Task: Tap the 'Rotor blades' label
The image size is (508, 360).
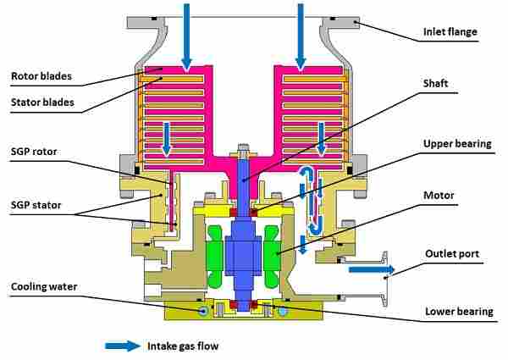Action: click(x=41, y=77)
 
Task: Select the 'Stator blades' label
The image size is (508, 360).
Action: click(x=42, y=104)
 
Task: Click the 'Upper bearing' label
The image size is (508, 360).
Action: click(x=457, y=144)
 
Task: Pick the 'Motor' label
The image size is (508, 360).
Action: click(x=439, y=196)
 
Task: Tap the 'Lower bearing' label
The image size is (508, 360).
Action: click(x=458, y=312)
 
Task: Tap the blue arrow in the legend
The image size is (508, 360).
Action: click(x=124, y=346)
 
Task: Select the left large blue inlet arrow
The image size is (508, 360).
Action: click(x=186, y=34)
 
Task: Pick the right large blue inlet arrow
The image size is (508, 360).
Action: click(x=301, y=34)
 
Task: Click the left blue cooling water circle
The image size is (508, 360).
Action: click(x=203, y=312)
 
